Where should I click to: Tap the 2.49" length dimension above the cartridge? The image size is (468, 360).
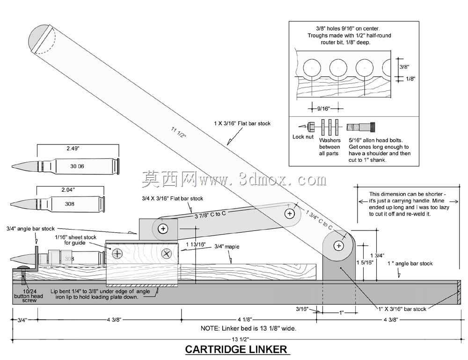[x=73, y=148]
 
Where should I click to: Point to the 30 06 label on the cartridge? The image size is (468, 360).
[x=77, y=166]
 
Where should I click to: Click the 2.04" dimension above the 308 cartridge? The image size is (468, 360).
[x=68, y=190]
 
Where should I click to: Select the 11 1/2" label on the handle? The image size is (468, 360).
[x=178, y=132]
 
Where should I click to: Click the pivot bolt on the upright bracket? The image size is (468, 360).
[x=338, y=246]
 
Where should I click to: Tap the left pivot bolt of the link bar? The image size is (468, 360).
[x=163, y=229]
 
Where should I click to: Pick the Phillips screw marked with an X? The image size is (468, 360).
[x=166, y=254]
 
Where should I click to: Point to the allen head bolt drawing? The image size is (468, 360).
[x=361, y=127]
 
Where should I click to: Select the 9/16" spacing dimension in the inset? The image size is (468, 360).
[x=323, y=108]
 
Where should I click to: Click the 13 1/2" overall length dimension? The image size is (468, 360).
[x=240, y=339]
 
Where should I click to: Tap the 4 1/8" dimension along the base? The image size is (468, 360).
[x=245, y=319]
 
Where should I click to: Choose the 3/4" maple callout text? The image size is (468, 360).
[x=227, y=247]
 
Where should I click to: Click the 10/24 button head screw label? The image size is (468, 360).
[x=29, y=295]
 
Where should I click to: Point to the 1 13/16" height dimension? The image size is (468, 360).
[x=196, y=245]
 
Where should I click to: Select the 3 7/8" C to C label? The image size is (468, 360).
[x=210, y=215]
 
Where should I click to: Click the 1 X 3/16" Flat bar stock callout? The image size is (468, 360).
[x=242, y=123]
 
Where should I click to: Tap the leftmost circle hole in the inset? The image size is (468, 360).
[x=312, y=68]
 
